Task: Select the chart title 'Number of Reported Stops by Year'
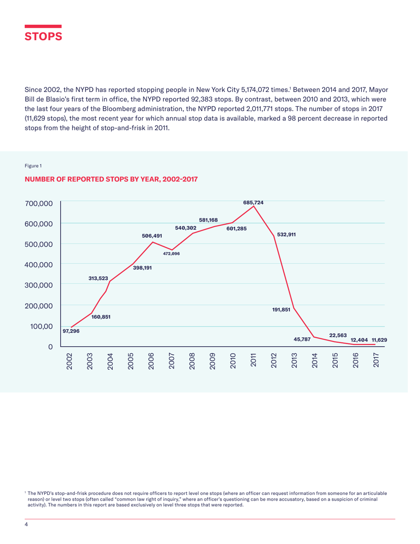(111, 179)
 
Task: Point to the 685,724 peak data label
(253, 202)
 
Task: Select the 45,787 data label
(302, 339)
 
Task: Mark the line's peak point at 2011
(254, 206)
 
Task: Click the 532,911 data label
(286, 234)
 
